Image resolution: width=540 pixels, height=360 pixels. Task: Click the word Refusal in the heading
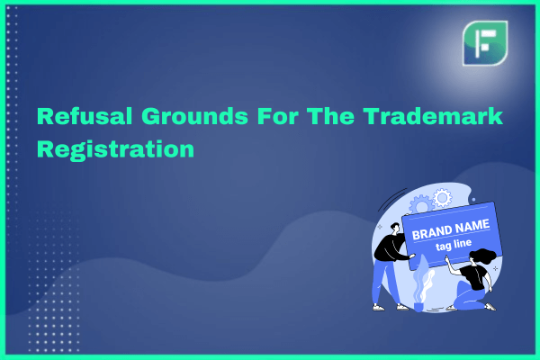[85, 116]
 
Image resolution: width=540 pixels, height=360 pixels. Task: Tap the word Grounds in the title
[194, 116]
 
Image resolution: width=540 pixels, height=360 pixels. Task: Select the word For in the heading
[278, 116]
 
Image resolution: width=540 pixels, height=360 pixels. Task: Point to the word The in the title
[330, 116]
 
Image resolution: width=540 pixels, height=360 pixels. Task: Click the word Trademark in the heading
[433, 116]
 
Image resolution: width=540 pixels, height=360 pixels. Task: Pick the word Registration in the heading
[116, 150]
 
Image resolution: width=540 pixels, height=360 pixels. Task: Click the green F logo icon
[485, 43]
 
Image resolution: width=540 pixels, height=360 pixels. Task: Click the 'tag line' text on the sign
[454, 245]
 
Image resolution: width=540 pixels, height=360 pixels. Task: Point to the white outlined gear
[442, 198]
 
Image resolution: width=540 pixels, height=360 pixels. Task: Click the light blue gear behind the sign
[420, 205]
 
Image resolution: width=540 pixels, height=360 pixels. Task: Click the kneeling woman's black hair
[484, 256]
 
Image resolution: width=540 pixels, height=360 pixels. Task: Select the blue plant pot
[418, 307]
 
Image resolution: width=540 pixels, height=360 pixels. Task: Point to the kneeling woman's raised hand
[446, 258]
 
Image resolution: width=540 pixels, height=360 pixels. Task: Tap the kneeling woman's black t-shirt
[474, 277]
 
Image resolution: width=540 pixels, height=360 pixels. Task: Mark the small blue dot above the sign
[474, 200]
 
